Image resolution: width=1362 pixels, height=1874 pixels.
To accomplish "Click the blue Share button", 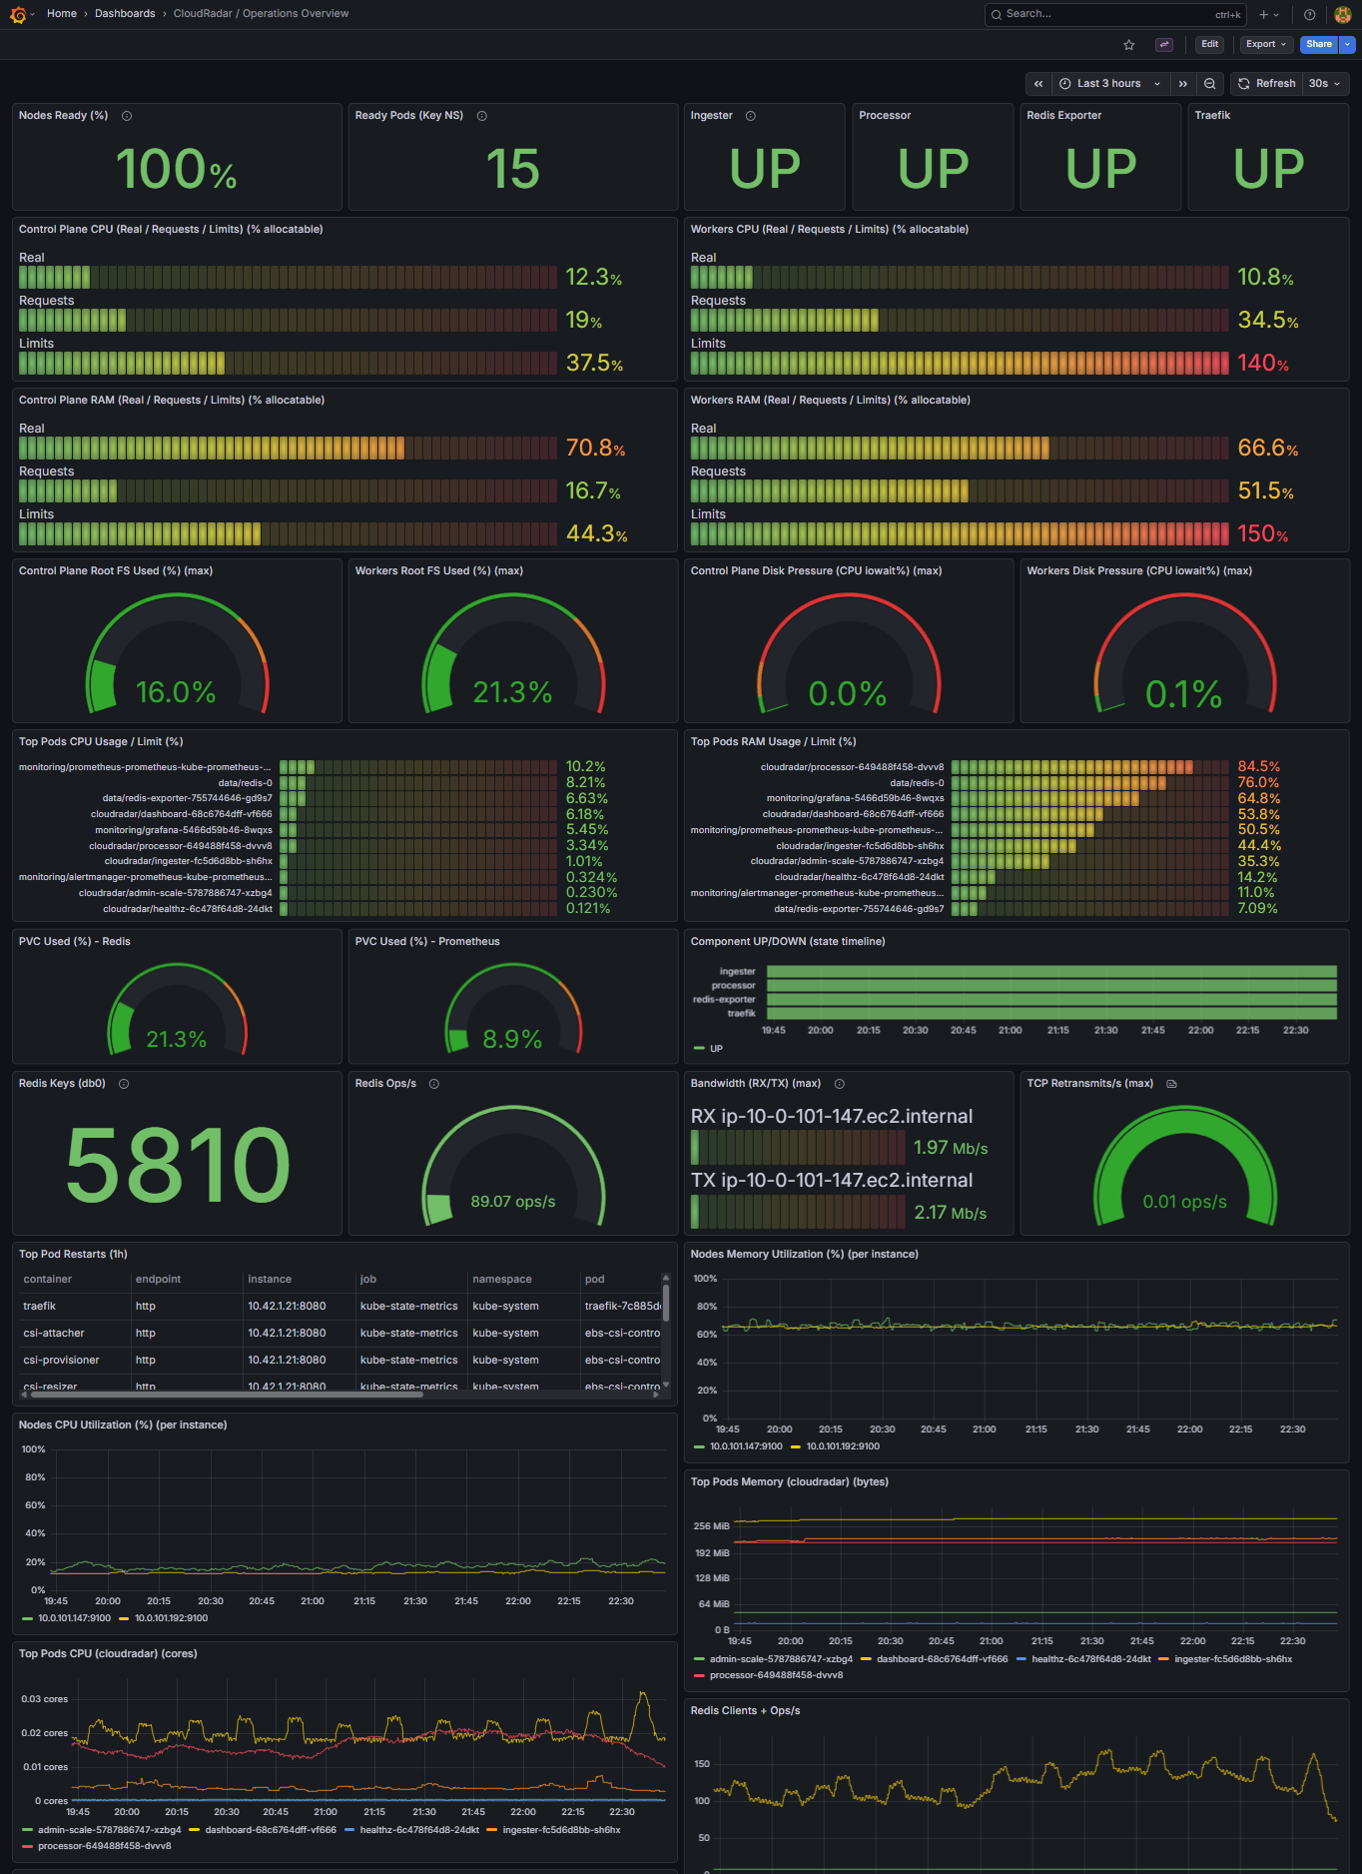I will pyautogui.click(x=1318, y=44).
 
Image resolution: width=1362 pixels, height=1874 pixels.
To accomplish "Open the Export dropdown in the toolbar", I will pyautogui.click(x=1265, y=44).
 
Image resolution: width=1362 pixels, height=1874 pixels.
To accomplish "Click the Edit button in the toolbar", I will pyautogui.click(x=1209, y=44).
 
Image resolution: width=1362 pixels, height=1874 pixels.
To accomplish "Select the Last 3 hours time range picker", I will pyautogui.click(x=1108, y=84).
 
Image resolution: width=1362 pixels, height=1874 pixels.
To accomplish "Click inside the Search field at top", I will pyautogui.click(x=1098, y=14).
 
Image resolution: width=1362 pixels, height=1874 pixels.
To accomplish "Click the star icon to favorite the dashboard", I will pyautogui.click(x=1129, y=45).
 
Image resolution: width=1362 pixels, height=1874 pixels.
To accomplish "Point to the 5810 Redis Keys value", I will pyautogui.click(x=178, y=1165).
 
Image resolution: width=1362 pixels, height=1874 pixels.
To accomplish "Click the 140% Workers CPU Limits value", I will pyautogui.click(x=1263, y=364).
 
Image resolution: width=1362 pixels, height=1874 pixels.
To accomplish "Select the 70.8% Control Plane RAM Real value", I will pyautogui.click(x=595, y=449).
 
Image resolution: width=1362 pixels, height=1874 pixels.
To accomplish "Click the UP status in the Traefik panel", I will pyautogui.click(x=1268, y=168).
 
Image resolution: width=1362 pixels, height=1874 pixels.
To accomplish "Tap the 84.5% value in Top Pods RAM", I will pyautogui.click(x=1258, y=767).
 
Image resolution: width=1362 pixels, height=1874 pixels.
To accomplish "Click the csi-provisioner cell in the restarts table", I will pyautogui.click(x=61, y=1361).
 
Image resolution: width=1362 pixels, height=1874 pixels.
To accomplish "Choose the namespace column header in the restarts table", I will pyautogui.click(x=501, y=1280).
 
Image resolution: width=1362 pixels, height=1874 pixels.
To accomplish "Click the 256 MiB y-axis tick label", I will pyautogui.click(x=711, y=1526).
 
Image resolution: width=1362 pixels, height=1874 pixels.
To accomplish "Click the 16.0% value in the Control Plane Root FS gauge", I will pyautogui.click(x=176, y=692).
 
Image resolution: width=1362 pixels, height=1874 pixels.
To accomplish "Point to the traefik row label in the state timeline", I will pyautogui.click(x=741, y=1014).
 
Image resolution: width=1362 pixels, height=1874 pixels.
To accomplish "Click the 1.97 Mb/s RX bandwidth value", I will pyautogui.click(x=950, y=1149).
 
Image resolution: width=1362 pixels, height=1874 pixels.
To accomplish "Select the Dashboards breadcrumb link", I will pyautogui.click(x=125, y=14).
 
